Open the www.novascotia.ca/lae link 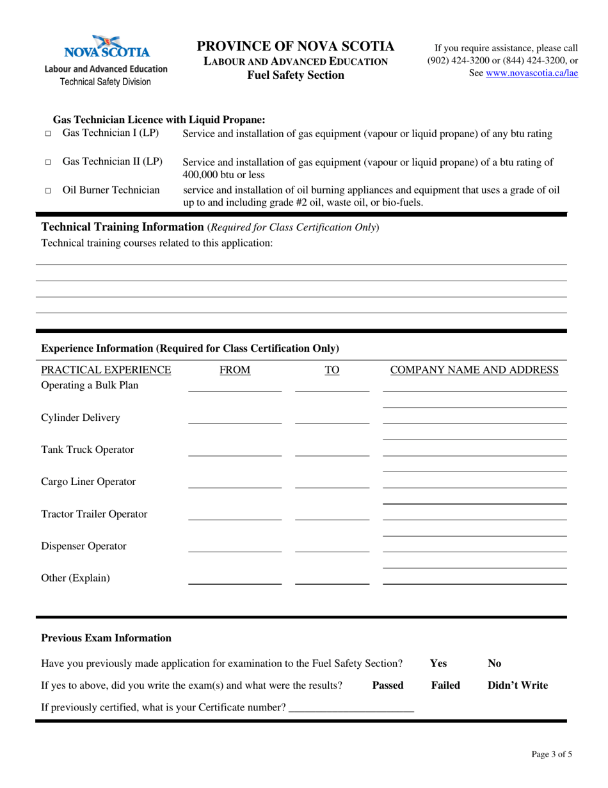[532, 73]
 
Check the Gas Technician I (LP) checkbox [48, 135]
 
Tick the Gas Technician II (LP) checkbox [48, 163]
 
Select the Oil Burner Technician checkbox [48, 191]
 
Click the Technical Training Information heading [122, 227]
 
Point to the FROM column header [235, 370]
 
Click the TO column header [332, 370]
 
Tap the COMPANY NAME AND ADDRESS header [474, 370]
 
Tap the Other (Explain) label [76, 578]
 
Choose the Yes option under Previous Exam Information [438, 663]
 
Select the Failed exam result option [445, 685]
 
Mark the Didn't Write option [518, 685]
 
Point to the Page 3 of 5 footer [552, 754]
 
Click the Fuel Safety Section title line [296, 76]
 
